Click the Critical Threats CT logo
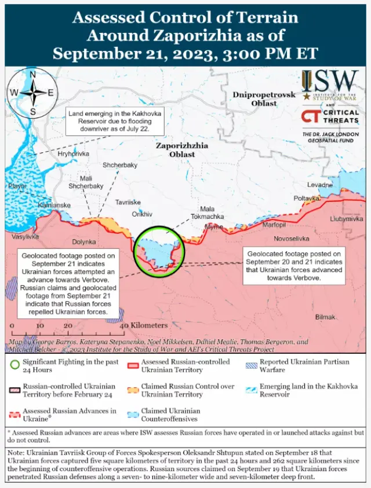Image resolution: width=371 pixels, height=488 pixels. click(x=309, y=116)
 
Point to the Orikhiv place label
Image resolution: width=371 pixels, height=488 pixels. click(x=142, y=214)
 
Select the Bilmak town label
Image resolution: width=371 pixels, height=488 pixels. click(x=325, y=317)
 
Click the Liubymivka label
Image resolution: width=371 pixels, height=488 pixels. click(x=347, y=219)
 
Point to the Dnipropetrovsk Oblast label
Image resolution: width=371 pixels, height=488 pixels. click(x=264, y=99)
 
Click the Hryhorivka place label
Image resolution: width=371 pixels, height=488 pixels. click(x=74, y=154)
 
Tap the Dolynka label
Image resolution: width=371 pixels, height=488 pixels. click(x=83, y=242)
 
